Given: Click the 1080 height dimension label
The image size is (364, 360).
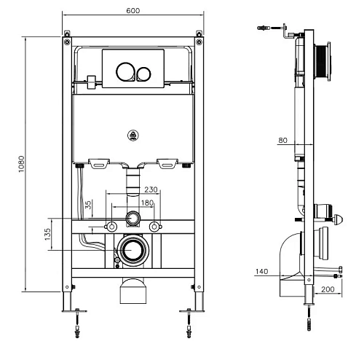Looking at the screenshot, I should click(23, 165).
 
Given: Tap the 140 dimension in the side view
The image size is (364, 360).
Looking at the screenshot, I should click(263, 272).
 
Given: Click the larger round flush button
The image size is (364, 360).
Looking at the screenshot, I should click(125, 71).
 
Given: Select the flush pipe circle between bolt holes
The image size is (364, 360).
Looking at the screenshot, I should click(132, 219).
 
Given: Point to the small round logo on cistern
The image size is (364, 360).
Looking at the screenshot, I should click(134, 134).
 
